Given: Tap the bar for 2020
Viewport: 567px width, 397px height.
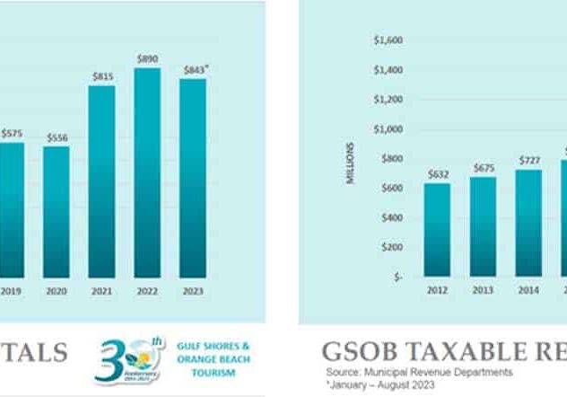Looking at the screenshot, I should click(57, 211).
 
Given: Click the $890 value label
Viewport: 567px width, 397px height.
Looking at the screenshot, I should click(147, 58).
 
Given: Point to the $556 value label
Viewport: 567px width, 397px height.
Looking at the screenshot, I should click(57, 137).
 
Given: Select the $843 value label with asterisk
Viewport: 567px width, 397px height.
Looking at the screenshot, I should click(194, 69).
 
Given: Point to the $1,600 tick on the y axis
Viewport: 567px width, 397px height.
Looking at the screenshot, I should click(388, 40).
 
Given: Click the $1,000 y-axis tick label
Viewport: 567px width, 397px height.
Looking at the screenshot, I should click(388, 129).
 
